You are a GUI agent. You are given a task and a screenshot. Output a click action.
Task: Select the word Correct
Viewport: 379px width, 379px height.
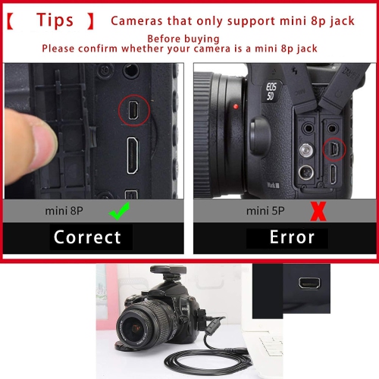click(87, 237)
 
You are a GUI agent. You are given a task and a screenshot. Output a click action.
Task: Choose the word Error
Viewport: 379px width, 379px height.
click(292, 237)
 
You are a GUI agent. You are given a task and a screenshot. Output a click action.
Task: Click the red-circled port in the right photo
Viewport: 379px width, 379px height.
click(335, 149)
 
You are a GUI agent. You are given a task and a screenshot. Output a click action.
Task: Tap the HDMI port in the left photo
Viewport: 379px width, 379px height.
click(133, 155)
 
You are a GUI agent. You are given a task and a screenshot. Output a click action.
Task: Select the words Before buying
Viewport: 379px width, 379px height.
click(183, 38)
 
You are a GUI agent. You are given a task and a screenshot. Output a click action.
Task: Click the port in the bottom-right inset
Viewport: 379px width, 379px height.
click(309, 283)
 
